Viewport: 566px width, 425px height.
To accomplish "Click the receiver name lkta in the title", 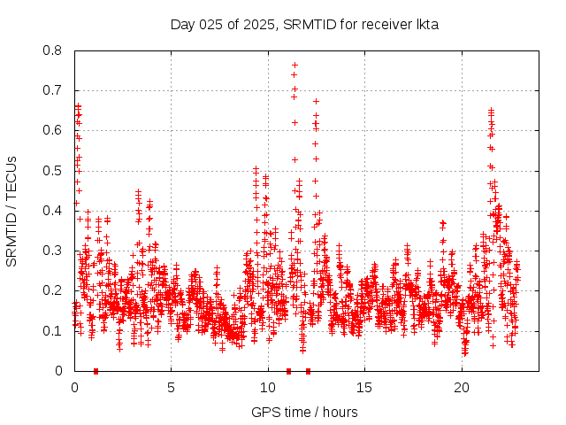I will click(425, 24).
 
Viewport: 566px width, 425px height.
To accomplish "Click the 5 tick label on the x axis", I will click(171, 388).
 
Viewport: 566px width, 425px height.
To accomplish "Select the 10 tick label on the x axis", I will click(268, 388).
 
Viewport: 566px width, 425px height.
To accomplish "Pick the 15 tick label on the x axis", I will click(365, 388).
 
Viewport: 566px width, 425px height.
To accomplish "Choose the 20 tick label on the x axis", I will click(462, 388).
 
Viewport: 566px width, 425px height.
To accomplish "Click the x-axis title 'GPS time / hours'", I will click(304, 412).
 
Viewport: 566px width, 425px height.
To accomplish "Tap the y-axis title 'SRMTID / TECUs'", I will click(11, 211).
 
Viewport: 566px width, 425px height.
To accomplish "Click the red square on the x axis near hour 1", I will click(96, 371).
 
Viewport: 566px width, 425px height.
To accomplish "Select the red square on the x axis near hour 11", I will click(288, 371).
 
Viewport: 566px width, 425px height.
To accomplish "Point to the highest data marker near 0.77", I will click(294, 65).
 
